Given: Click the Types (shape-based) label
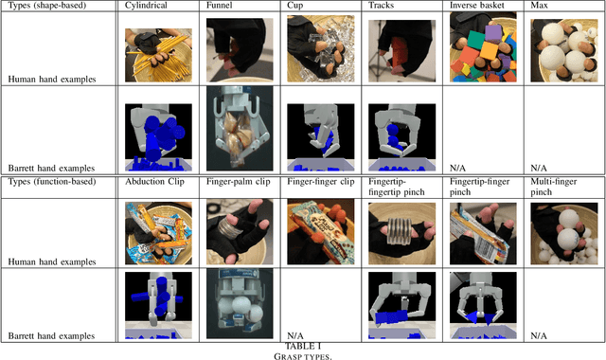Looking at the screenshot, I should click(50, 7).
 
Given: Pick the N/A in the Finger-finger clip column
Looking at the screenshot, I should click(296, 335).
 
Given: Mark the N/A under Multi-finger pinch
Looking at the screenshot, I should click(541, 335).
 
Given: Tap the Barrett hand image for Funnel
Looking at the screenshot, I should click(239, 127).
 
